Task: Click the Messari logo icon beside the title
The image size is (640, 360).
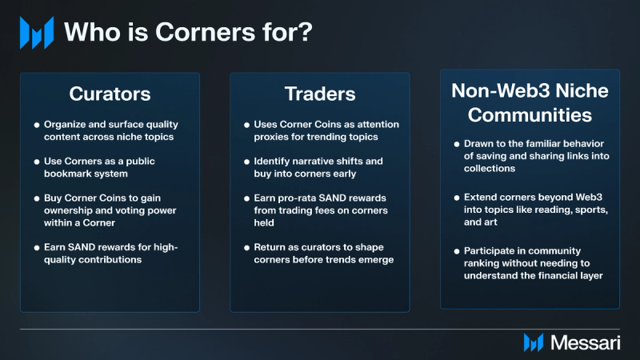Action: pos(37,33)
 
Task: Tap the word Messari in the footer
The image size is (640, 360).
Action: pos(586,342)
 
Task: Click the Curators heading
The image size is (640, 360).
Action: pos(110,94)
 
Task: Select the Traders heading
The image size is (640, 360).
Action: pos(320,94)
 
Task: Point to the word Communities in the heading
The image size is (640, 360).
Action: pos(530,115)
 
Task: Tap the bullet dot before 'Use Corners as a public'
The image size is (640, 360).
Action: pos(37,162)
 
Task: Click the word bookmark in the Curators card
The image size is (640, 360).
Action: pos(66,174)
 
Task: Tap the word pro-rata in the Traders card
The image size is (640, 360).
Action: pos(295,198)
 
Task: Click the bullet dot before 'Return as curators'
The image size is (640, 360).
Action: pos(246,248)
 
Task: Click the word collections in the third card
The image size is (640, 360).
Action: pos(490,169)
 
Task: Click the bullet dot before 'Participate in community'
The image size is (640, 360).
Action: pos(457,251)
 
